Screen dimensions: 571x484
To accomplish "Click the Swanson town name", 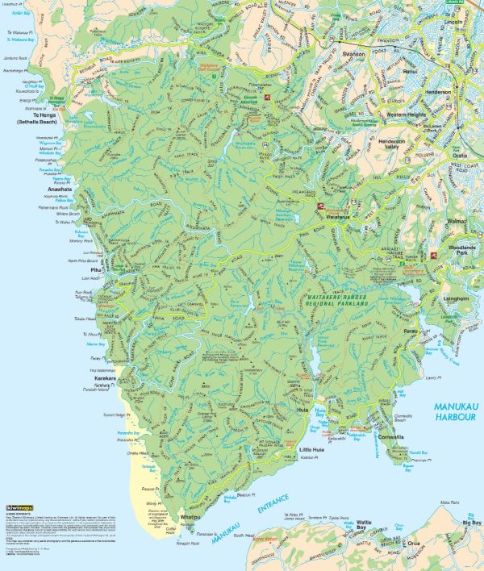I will tap(353, 55).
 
